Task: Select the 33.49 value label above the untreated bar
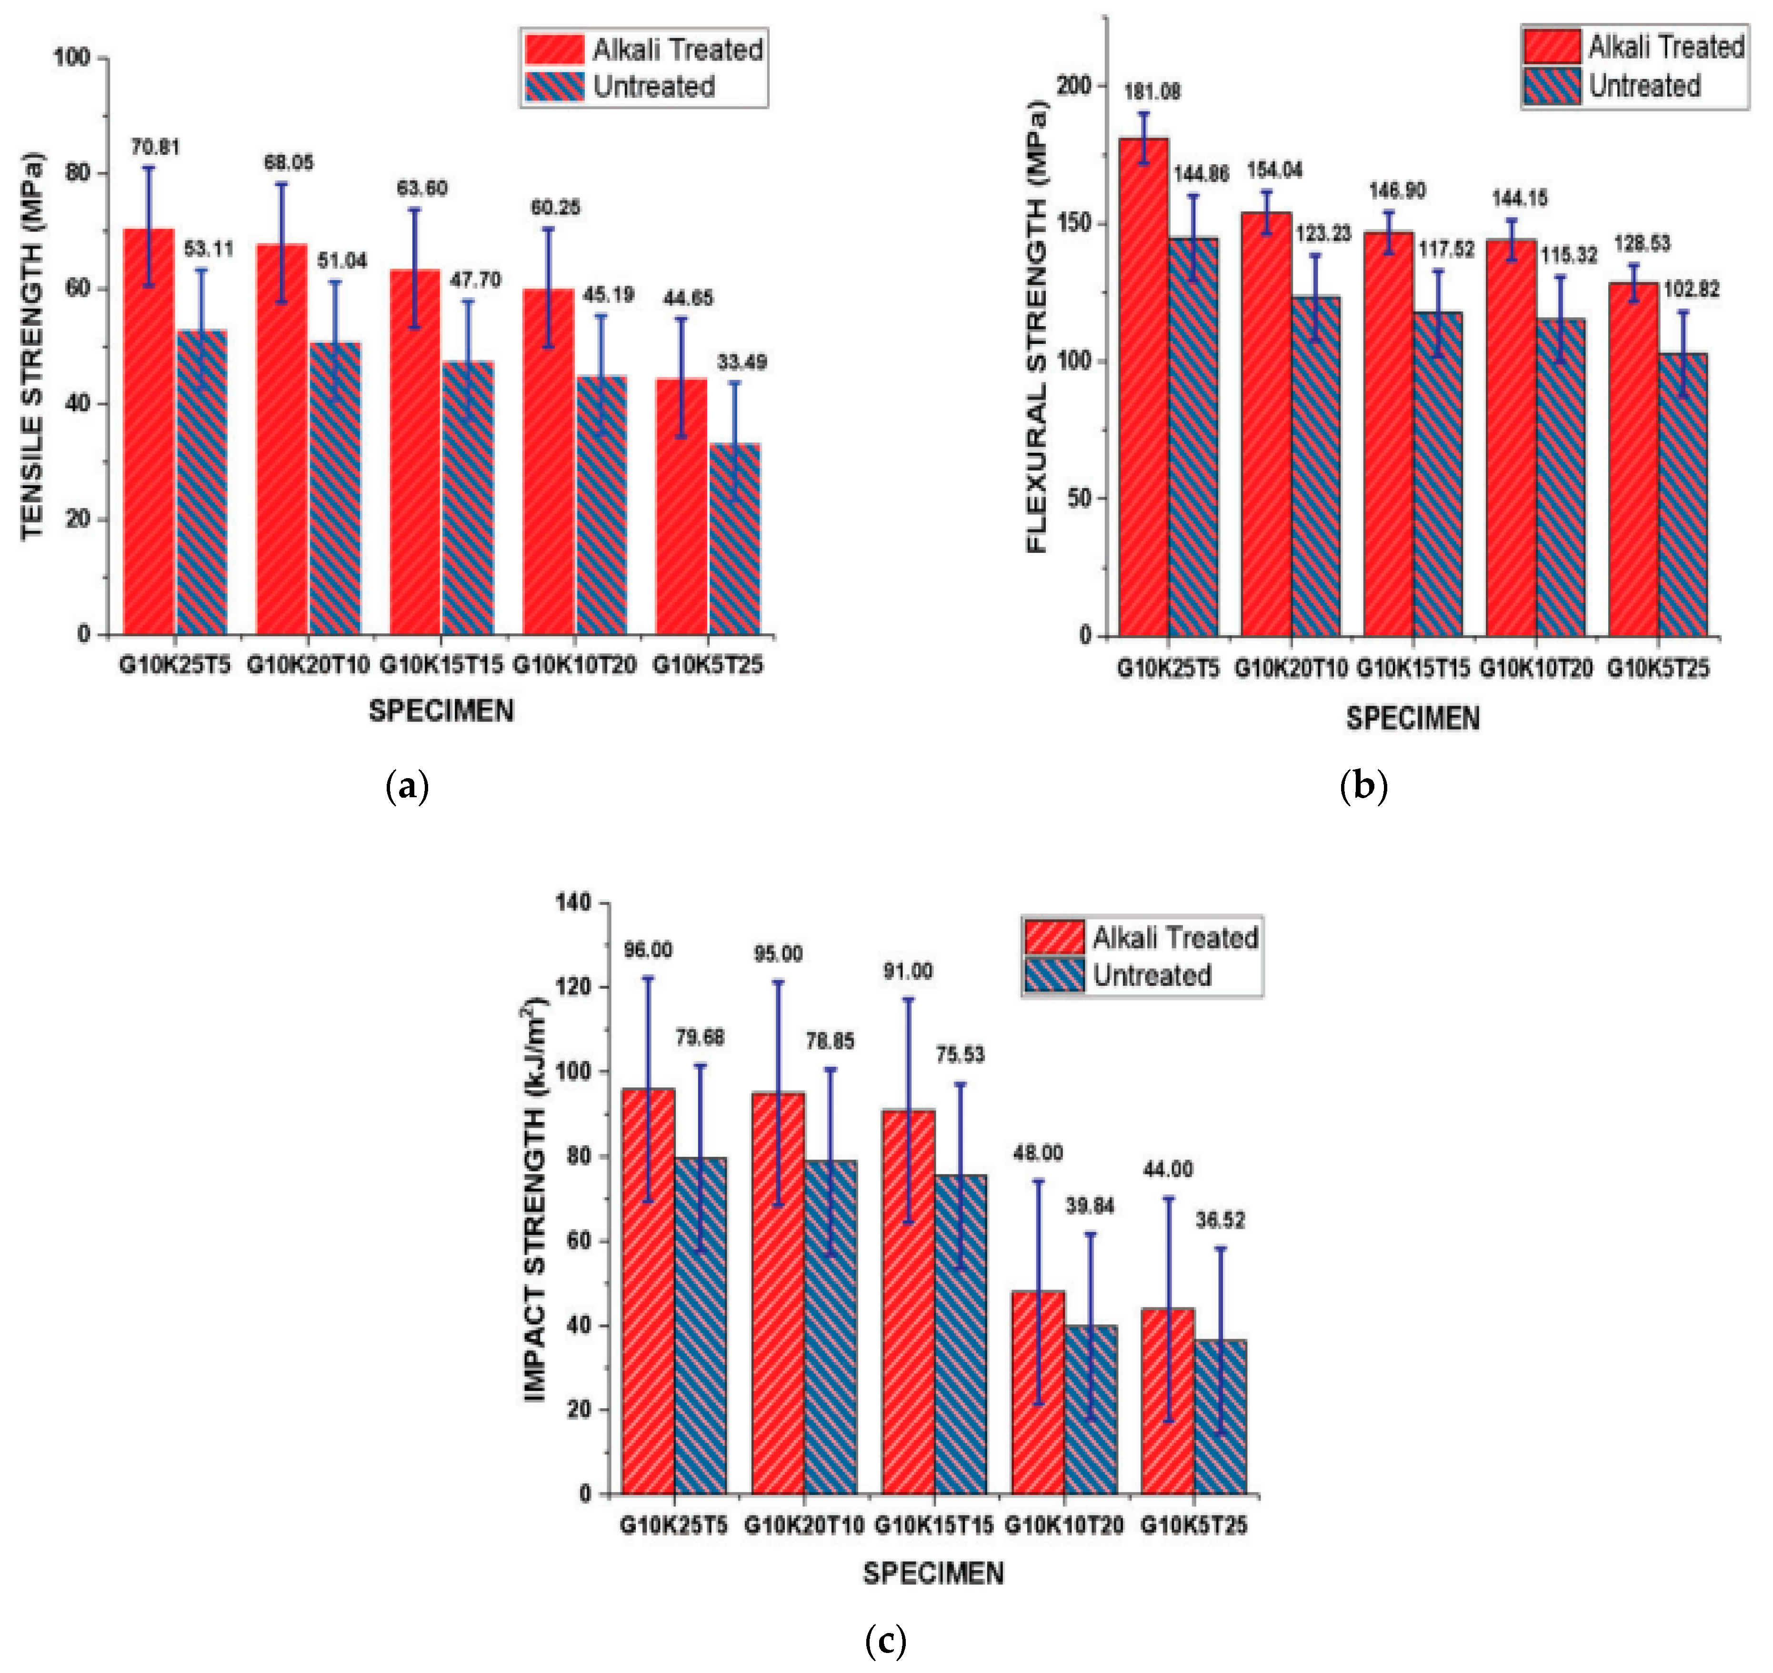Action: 741,362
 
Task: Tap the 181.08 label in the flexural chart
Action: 1152,92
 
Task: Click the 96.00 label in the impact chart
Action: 648,950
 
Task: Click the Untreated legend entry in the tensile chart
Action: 654,87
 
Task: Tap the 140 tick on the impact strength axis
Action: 573,902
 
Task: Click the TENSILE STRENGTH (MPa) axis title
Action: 32,348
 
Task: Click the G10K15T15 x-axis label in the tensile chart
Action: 441,664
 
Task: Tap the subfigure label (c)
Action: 886,1639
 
